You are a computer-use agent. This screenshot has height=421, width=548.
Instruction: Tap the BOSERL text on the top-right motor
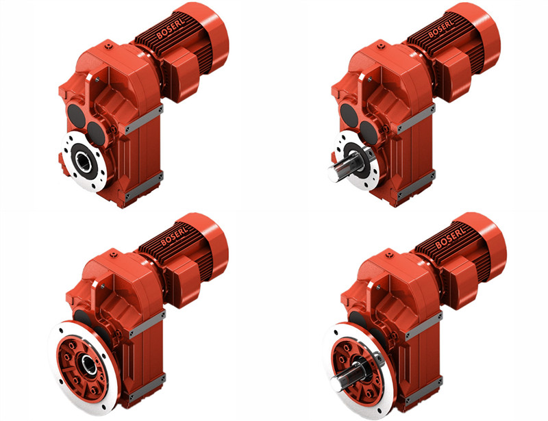(x=441, y=27)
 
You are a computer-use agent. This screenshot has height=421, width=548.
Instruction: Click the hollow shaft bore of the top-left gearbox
(x=84, y=162)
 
